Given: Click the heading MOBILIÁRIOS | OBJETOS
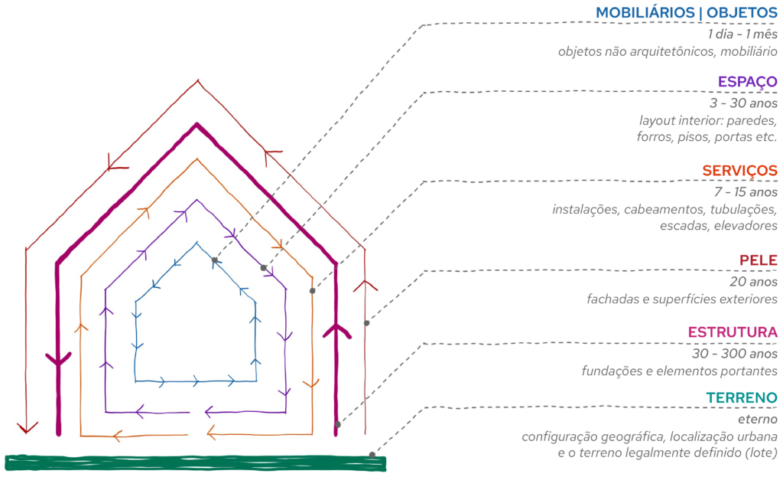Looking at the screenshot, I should pyautogui.click(x=686, y=13).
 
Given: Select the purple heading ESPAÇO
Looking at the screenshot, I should pyautogui.click(x=747, y=82).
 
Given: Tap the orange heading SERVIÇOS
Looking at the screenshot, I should pyautogui.click(x=739, y=171).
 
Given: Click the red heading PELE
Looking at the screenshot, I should pyautogui.click(x=759, y=261).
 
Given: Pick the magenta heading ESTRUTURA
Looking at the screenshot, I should pyautogui.click(x=733, y=332).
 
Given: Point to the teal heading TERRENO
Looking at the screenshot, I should pyautogui.click(x=741, y=398).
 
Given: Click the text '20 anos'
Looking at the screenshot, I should pyautogui.click(x=756, y=281).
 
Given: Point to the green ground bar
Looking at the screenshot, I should pyautogui.click(x=195, y=463).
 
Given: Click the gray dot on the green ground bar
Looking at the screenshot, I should pyautogui.click(x=372, y=456).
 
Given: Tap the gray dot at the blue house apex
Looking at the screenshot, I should pyautogui.click(x=215, y=260).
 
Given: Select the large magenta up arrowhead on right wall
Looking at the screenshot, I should pyautogui.click(x=336, y=331).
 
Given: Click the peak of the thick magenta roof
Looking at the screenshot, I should pyautogui.click(x=197, y=125).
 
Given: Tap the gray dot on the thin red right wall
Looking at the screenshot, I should pyautogui.click(x=366, y=323).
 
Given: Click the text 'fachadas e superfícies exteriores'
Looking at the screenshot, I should pyautogui.click(x=682, y=299).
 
